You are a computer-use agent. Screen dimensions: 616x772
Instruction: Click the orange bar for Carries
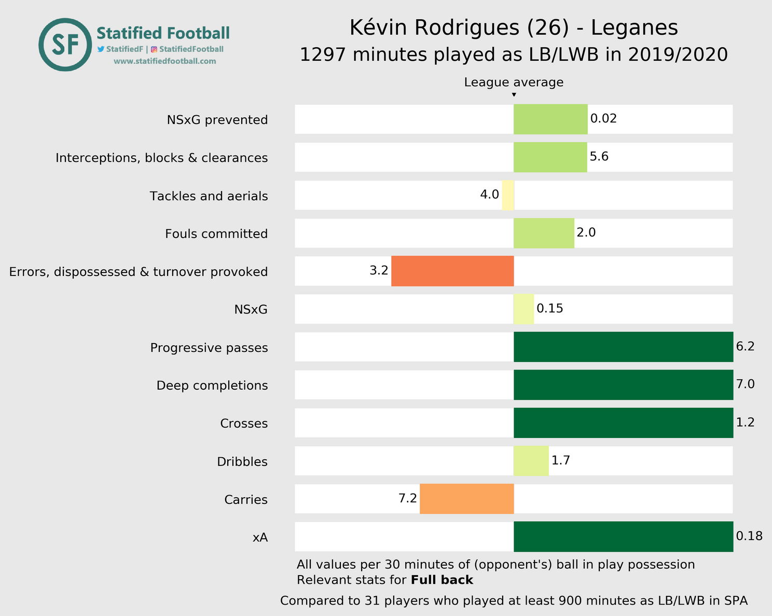tap(466, 499)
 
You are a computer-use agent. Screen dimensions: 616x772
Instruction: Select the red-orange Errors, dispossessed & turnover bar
tap(452, 271)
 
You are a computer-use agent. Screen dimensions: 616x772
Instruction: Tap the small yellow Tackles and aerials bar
tap(508, 195)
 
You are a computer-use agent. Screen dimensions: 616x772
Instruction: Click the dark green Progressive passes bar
tap(623, 347)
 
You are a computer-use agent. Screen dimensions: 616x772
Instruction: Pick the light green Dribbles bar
tap(531, 461)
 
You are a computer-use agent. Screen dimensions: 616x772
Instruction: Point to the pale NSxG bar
tap(523, 309)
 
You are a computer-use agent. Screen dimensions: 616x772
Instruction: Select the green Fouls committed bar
tap(544, 233)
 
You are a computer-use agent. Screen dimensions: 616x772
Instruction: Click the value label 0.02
tap(603, 119)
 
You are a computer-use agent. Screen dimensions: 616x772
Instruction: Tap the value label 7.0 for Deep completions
tap(745, 385)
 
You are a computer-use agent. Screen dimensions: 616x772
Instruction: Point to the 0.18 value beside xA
tap(749, 536)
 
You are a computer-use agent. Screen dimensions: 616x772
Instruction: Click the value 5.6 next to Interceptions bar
tap(599, 157)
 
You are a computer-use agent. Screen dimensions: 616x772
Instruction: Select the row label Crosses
tap(244, 423)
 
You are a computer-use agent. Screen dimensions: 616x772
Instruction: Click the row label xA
tap(260, 538)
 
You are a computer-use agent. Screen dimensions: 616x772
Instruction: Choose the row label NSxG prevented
tap(217, 120)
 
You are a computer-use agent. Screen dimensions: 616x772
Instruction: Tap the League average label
tap(514, 83)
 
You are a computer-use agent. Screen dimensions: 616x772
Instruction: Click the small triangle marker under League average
tap(514, 94)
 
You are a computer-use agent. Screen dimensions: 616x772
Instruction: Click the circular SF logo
tap(65, 45)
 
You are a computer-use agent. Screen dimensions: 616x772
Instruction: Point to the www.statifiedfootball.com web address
tap(164, 61)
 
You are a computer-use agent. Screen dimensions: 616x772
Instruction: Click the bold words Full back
tap(442, 580)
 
